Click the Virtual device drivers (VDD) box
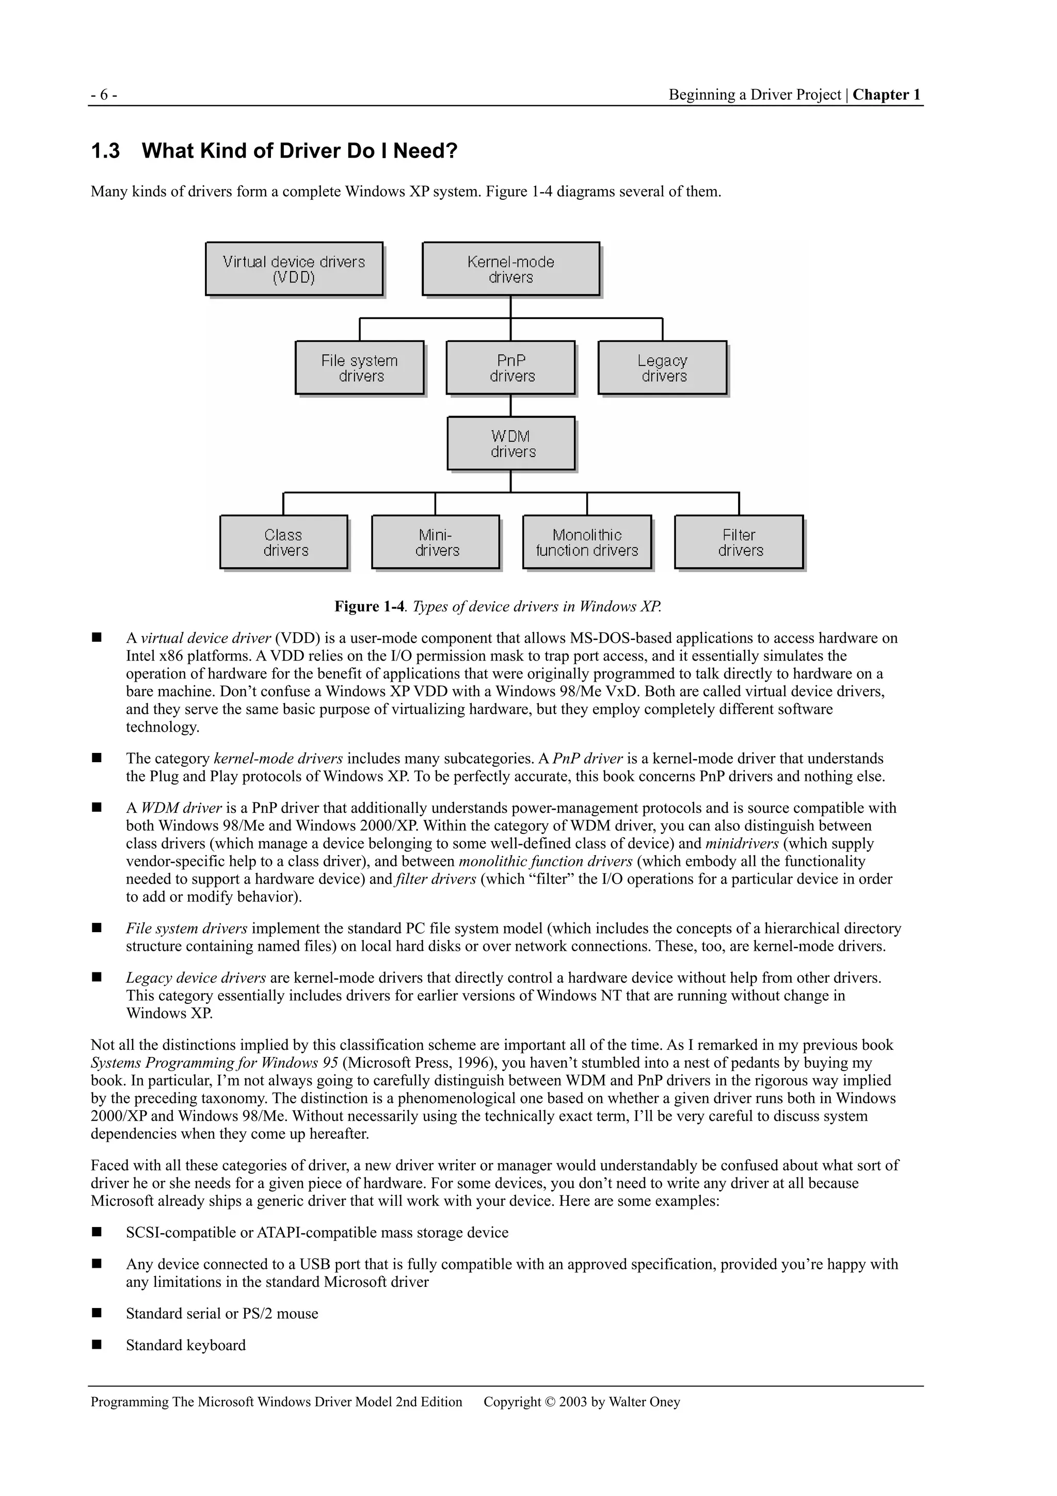(294, 269)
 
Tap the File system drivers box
(360, 368)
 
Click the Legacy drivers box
(662, 368)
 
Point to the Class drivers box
(283, 542)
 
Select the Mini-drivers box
(435, 542)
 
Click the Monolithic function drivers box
(587, 542)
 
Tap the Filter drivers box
(739, 542)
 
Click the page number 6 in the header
(104, 95)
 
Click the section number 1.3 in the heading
(105, 151)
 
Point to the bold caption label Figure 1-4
(369, 607)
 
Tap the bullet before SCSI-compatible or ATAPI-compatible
(97, 1232)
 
